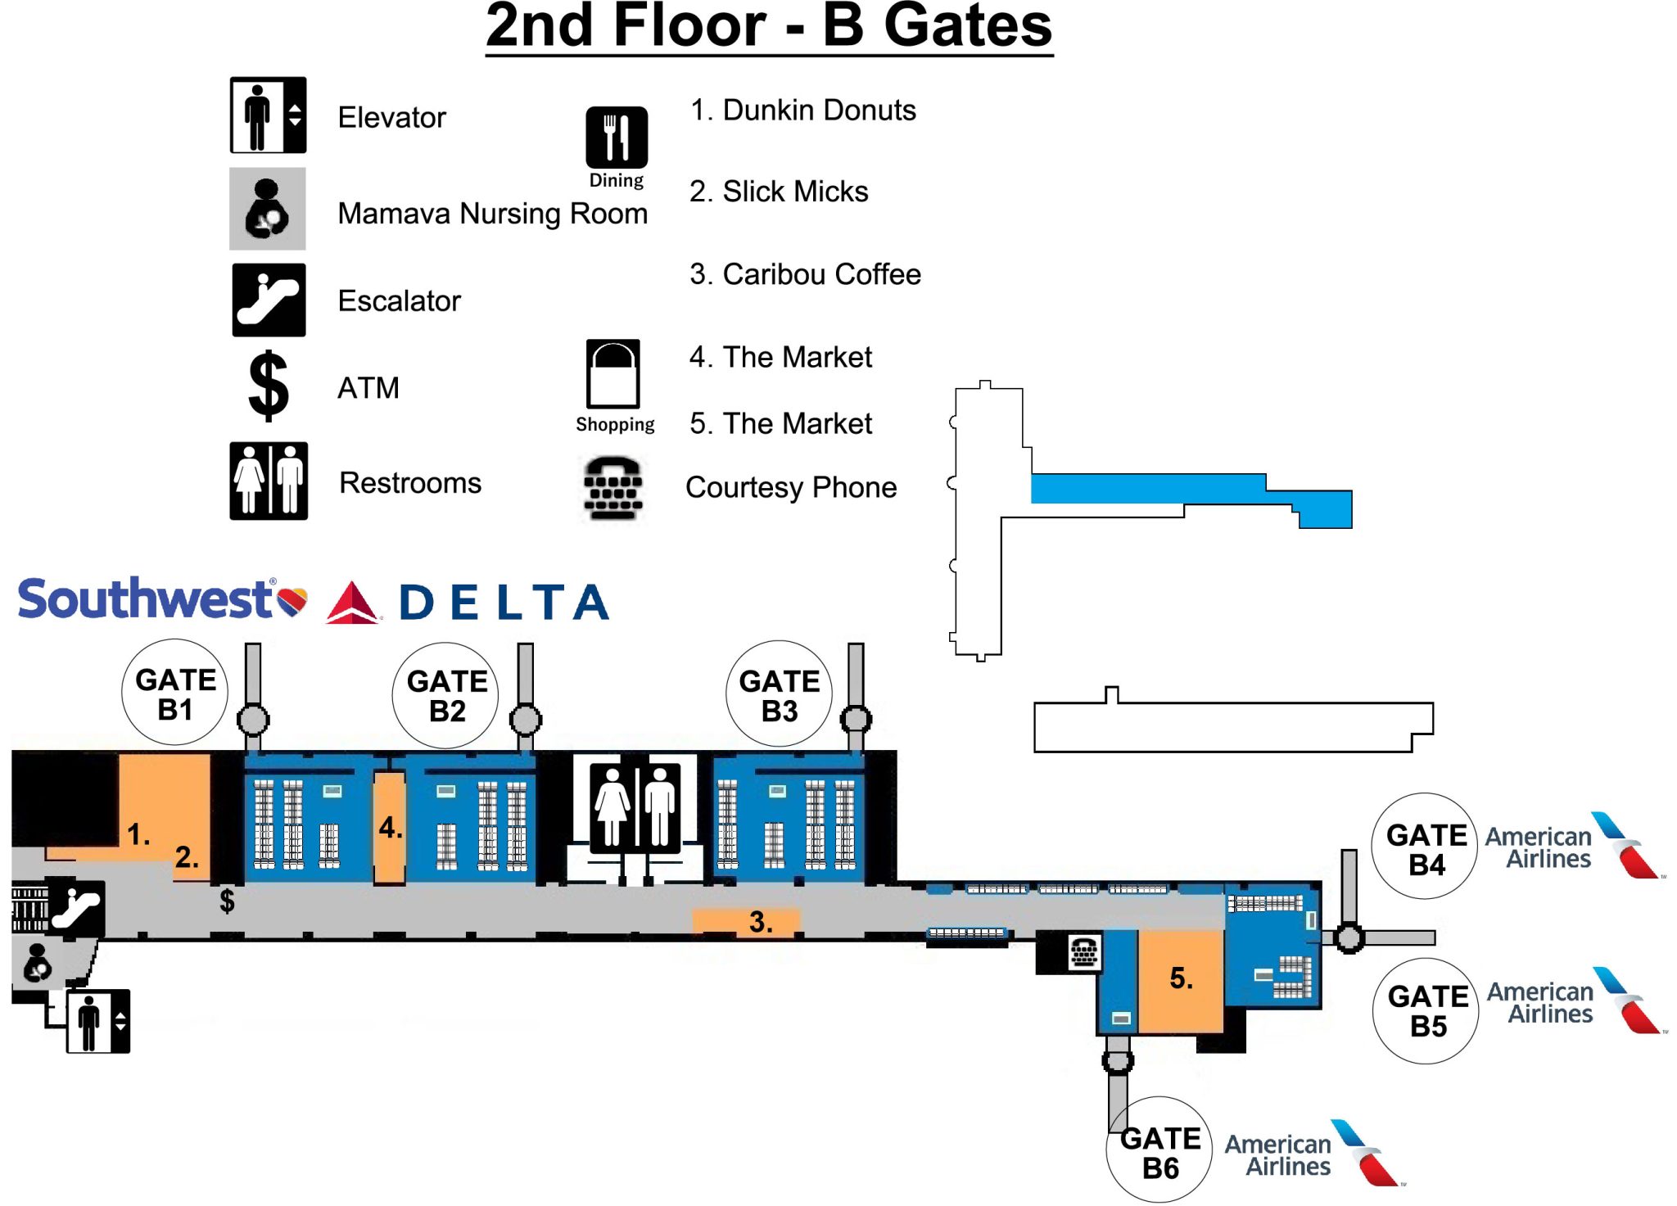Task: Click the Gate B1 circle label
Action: [x=174, y=693]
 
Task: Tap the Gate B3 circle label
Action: [x=779, y=694]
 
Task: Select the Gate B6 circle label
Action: [x=1159, y=1151]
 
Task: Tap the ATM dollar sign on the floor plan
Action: [x=227, y=901]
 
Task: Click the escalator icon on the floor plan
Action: [x=75, y=908]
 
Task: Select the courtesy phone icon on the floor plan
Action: [x=1083, y=952]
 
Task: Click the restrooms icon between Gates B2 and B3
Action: [x=635, y=806]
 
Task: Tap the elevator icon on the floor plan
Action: [x=97, y=1021]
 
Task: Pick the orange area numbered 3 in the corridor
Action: [x=745, y=921]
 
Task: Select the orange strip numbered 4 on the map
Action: [x=390, y=827]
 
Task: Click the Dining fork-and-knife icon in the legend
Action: [x=616, y=138]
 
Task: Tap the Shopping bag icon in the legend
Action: [x=612, y=373]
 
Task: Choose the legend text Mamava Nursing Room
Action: [x=492, y=214]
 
